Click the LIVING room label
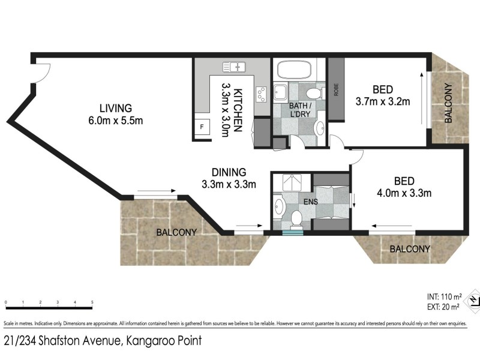click(x=116, y=109)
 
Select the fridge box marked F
click(x=202, y=128)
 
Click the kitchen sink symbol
click(x=235, y=67)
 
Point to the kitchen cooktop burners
click(x=262, y=94)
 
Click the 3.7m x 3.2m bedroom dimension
click(x=382, y=101)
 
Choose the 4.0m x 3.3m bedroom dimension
click(x=404, y=193)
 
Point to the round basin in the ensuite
click(x=278, y=208)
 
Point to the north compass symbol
click(x=473, y=299)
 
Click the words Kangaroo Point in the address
click(x=163, y=342)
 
